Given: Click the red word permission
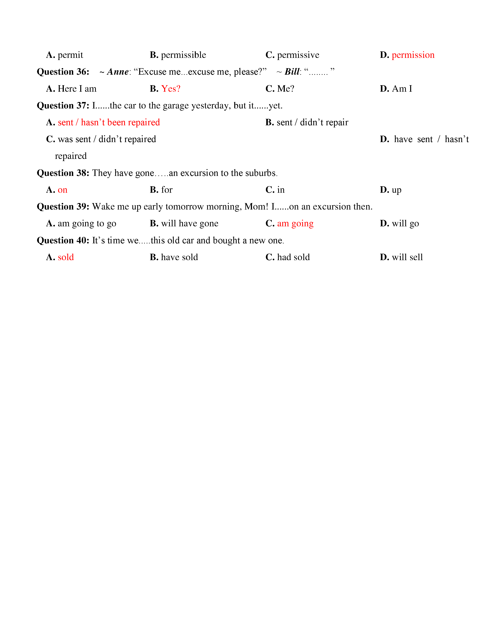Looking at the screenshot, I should [x=413, y=55].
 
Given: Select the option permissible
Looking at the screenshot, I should [x=183, y=55].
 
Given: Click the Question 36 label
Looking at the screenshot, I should [x=63, y=72].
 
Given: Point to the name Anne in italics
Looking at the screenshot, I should [x=118, y=72].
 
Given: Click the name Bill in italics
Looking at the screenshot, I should [x=292, y=72].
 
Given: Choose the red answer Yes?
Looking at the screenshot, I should [x=171, y=89].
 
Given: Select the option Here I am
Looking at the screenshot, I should [x=77, y=89].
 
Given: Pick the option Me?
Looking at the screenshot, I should [x=285, y=89].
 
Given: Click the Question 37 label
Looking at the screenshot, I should [x=63, y=106].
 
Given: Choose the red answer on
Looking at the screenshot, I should [x=62, y=190].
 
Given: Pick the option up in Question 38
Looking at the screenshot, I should [x=396, y=190].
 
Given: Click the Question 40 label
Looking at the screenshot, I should [x=63, y=241].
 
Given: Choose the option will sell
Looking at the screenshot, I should [x=407, y=257].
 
